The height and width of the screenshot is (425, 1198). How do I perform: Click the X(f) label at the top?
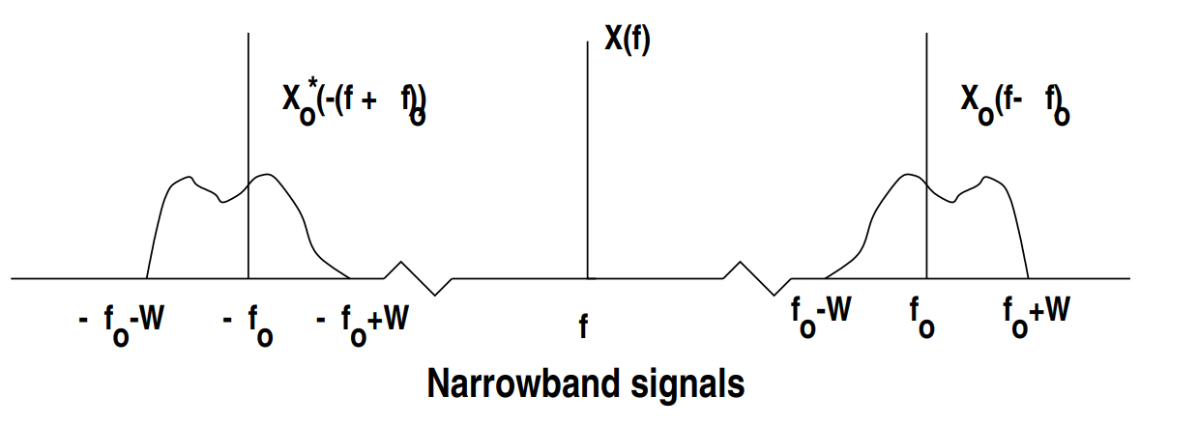[627, 41]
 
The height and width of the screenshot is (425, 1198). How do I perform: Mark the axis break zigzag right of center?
[759, 278]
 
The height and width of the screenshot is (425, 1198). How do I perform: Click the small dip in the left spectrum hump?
[224, 201]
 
